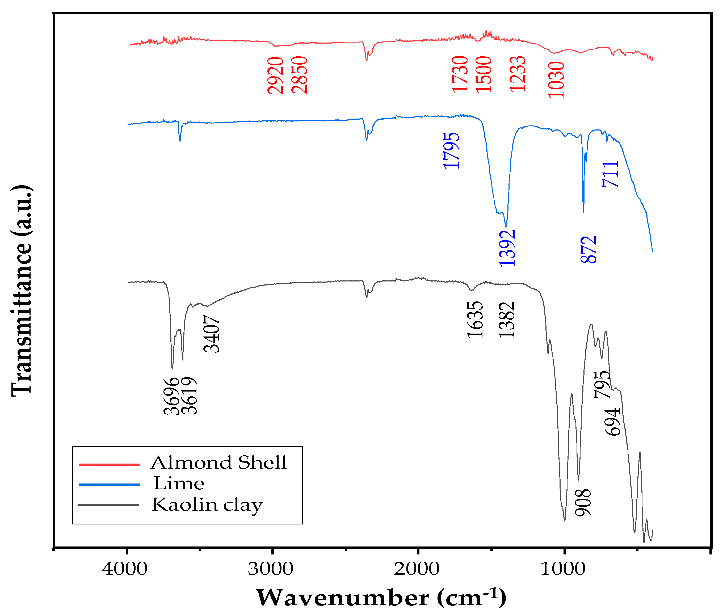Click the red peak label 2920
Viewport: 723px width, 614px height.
(275, 75)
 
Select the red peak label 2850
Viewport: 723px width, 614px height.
(299, 75)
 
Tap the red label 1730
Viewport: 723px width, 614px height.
(460, 74)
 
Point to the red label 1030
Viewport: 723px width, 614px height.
(556, 80)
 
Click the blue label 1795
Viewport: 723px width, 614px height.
(451, 151)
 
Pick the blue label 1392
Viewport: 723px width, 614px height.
(507, 249)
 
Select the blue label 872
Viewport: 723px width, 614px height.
(588, 250)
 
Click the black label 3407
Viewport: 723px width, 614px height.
(211, 334)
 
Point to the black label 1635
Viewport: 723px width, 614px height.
(475, 319)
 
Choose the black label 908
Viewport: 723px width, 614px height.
(582, 503)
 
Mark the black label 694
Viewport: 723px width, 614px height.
(612, 422)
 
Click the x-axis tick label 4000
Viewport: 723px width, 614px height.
(125, 569)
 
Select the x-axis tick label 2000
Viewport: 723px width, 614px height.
(417, 569)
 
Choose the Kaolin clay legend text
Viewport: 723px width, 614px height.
(207, 505)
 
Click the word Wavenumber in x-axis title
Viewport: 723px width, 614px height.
(343, 598)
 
